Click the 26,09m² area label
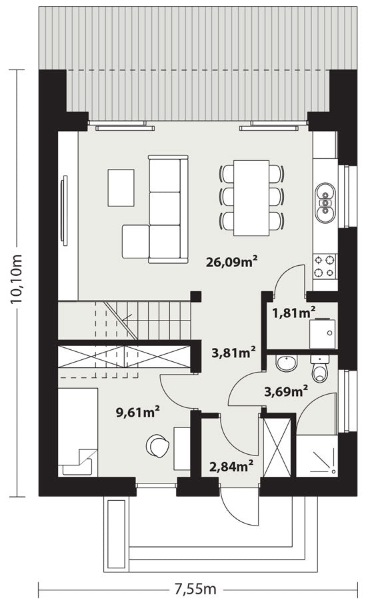pyautogui.click(x=231, y=262)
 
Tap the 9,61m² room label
pyautogui.click(x=138, y=413)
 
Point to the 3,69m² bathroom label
pyautogui.click(x=286, y=391)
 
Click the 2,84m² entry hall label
pyautogui.click(x=231, y=467)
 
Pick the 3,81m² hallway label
pyautogui.click(x=234, y=353)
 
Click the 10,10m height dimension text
pyautogui.click(x=17, y=279)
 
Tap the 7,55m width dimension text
pyautogui.click(x=196, y=588)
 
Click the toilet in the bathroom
pyautogui.click(x=320, y=369)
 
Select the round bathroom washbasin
pyautogui.click(x=286, y=363)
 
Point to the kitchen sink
pyautogui.click(x=325, y=202)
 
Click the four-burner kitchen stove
pyautogui.click(x=325, y=266)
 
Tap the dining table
pyautogui.click(x=251, y=198)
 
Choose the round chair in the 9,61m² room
pyautogui.click(x=158, y=445)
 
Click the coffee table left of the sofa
pyautogui.click(x=121, y=188)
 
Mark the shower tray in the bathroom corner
pyautogui.click(x=317, y=455)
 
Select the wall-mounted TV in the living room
pyautogui.click(x=65, y=210)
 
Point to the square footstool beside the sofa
pyautogui.click(x=135, y=242)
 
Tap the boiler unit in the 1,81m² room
pyautogui.click(x=323, y=333)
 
